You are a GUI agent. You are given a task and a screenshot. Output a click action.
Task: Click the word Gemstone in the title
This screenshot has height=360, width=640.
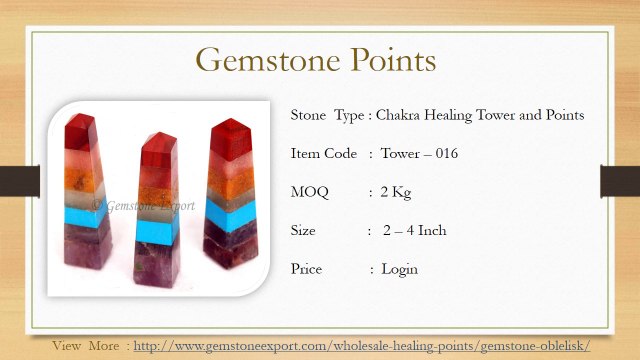coord(268,60)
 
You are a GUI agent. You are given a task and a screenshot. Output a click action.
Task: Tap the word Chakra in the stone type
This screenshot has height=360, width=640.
coord(397,115)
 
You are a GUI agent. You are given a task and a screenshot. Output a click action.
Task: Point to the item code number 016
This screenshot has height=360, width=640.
coord(447,153)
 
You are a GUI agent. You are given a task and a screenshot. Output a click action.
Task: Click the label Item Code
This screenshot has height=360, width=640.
coord(324,153)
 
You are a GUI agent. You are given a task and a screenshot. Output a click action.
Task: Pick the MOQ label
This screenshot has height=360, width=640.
coord(309,192)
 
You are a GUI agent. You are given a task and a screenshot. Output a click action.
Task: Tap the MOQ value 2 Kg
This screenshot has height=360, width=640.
coord(396,192)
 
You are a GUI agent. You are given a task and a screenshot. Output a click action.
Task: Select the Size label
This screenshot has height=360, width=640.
coord(303,231)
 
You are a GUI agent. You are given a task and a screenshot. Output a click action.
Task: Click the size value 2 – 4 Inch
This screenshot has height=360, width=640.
coord(414,231)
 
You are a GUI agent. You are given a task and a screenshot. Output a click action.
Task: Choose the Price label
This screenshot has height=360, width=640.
coord(306,269)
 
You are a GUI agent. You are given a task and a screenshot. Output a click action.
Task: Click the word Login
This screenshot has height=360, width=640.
coord(399,270)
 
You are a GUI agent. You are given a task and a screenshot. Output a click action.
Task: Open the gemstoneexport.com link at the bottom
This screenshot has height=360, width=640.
coord(362,346)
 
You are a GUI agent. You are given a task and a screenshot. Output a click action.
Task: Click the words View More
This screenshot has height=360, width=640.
coord(86,346)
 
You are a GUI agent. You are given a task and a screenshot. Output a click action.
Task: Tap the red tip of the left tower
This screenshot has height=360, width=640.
coord(80,132)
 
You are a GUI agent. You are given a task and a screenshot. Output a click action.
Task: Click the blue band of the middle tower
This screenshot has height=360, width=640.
coord(157,231)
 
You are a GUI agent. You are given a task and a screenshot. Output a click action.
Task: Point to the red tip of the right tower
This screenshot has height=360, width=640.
coord(231,139)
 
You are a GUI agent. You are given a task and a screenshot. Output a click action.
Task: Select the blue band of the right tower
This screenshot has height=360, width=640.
coord(230,215)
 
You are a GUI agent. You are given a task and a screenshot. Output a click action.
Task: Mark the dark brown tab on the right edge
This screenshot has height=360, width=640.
coord(620,181)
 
